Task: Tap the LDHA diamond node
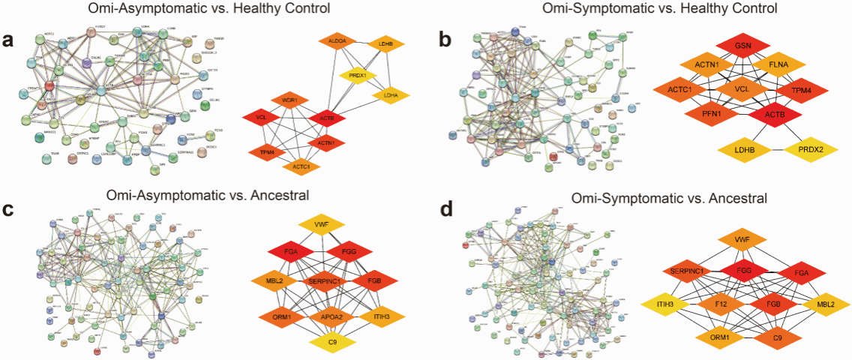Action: tap(390, 95)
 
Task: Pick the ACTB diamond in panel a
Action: tap(325, 118)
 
